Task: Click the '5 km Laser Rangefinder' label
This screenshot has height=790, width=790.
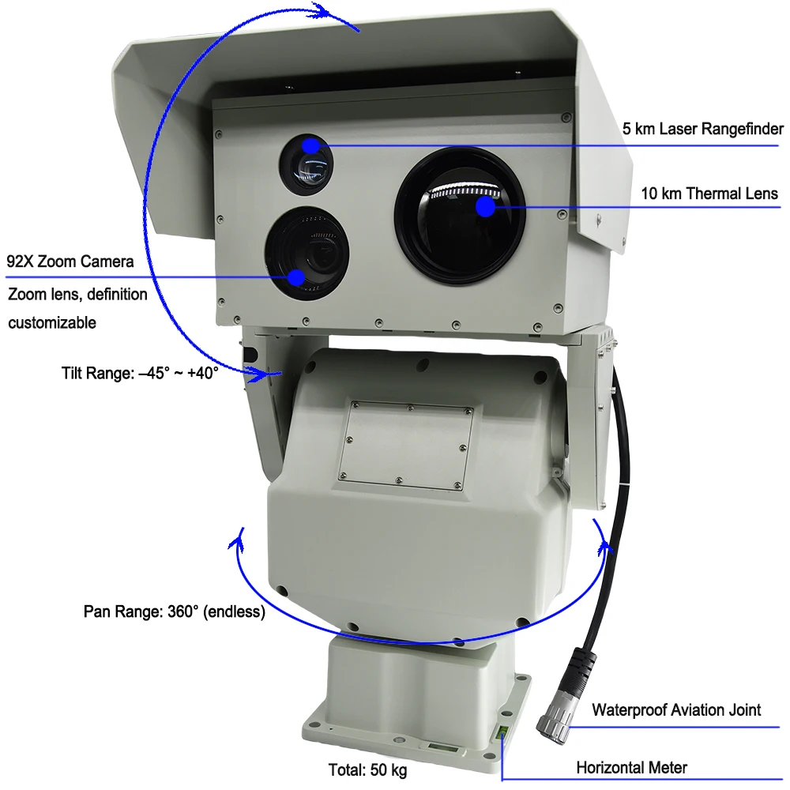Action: (703, 129)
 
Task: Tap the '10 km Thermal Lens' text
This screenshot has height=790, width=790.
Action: (709, 194)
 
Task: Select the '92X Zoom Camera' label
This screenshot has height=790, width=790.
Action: (70, 261)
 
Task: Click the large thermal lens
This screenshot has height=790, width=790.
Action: (459, 214)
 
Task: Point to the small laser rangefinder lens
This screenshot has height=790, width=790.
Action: (305, 164)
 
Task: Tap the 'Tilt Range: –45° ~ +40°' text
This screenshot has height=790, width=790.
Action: (140, 373)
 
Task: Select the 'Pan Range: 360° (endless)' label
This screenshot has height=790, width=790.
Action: (174, 611)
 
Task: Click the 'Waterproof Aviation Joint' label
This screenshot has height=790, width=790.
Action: (676, 709)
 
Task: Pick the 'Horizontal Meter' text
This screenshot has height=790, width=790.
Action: (631, 767)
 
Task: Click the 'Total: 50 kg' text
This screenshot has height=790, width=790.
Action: (369, 769)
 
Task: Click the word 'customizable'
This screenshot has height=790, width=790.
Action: (52, 322)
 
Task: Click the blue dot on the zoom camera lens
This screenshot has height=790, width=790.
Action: (296, 276)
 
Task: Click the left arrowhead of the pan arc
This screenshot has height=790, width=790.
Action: (235, 542)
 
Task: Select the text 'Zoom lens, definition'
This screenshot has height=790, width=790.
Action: (77, 295)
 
